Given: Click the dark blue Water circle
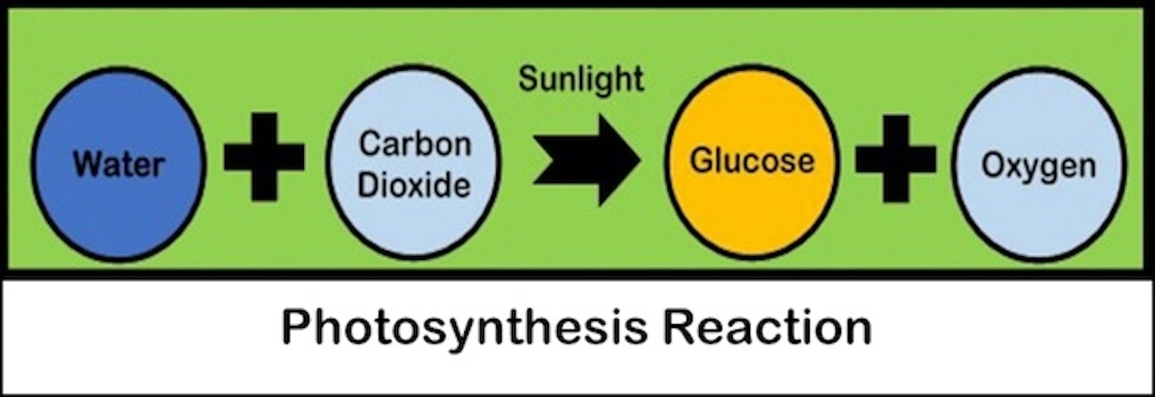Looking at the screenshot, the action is (x=119, y=164).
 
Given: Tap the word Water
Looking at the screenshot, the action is (x=119, y=164).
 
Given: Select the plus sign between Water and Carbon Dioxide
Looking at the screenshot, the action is (x=264, y=157).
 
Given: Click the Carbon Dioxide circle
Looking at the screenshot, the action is (x=414, y=163).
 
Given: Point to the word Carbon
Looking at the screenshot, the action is (x=415, y=144).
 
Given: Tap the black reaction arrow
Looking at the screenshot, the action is (x=587, y=159).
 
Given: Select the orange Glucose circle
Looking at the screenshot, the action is (x=751, y=162).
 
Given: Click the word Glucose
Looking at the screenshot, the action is (x=752, y=161).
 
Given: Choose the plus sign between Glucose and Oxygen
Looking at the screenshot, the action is (x=896, y=158).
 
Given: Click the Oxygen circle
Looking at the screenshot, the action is (x=1039, y=164).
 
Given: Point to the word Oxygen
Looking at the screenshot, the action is (x=1039, y=167).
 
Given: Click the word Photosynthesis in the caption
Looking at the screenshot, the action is (x=464, y=328).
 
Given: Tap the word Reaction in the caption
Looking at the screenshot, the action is (x=768, y=327).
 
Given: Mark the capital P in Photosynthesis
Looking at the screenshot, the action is (x=296, y=327).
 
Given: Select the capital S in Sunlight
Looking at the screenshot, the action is (x=529, y=79).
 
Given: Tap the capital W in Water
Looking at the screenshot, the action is (x=88, y=164).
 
